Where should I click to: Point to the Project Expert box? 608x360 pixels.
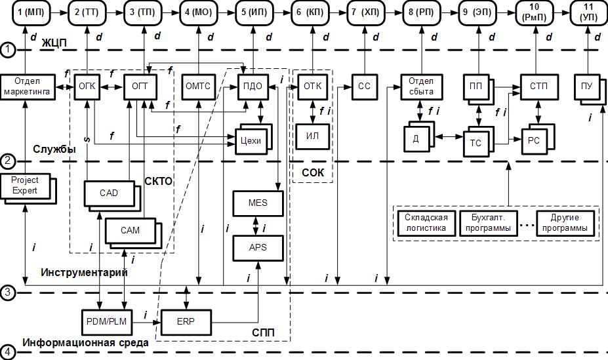(x=25, y=186)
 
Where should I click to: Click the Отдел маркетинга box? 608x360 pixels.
(x=26, y=87)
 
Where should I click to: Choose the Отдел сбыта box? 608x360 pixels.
(x=422, y=87)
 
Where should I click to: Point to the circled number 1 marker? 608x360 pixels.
(x=8, y=49)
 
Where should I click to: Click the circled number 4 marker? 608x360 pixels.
(x=8, y=352)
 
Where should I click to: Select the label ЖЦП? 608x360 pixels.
(x=56, y=43)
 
